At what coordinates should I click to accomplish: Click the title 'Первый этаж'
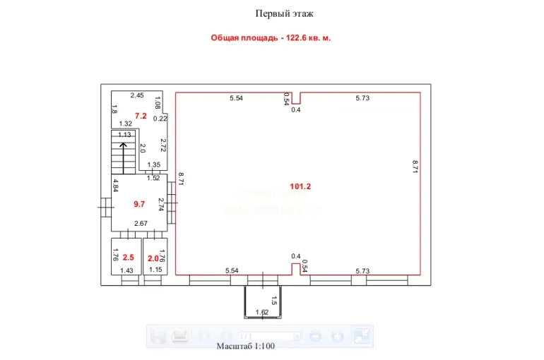pyautogui.click(x=284, y=13)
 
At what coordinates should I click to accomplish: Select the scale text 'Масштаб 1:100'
pyautogui.click(x=246, y=346)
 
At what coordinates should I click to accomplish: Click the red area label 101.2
pyautogui.click(x=300, y=186)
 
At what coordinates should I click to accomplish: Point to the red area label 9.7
pyautogui.click(x=139, y=204)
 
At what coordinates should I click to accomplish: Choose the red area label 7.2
pyautogui.click(x=141, y=115)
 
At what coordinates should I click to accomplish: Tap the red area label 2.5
pyautogui.click(x=128, y=258)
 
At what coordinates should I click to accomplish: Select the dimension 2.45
pyautogui.click(x=137, y=95)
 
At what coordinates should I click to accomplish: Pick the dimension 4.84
pyautogui.click(x=115, y=186)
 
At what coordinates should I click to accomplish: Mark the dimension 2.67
pyautogui.click(x=140, y=224)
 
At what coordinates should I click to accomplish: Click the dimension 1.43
pyautogui.click(x=126, y=270)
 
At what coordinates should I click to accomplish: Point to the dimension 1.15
pyautogui.click(x=155, y=270)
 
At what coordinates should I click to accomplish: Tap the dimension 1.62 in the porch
pyautogui.click(x=262, y=312)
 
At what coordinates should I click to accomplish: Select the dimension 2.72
pyautogui.click(x=162, y=145)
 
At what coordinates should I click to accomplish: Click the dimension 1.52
pyautogui.click(x=153, y=179)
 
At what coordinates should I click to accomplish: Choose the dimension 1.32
pyautogui.click(x=126, y=124)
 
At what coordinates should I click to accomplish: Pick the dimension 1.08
pyautogui.click(x=158, y=102)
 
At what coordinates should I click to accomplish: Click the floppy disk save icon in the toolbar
pyautogui.click(x=159, y=337)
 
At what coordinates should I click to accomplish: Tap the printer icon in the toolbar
pyautogui.click(x=182, y=337)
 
